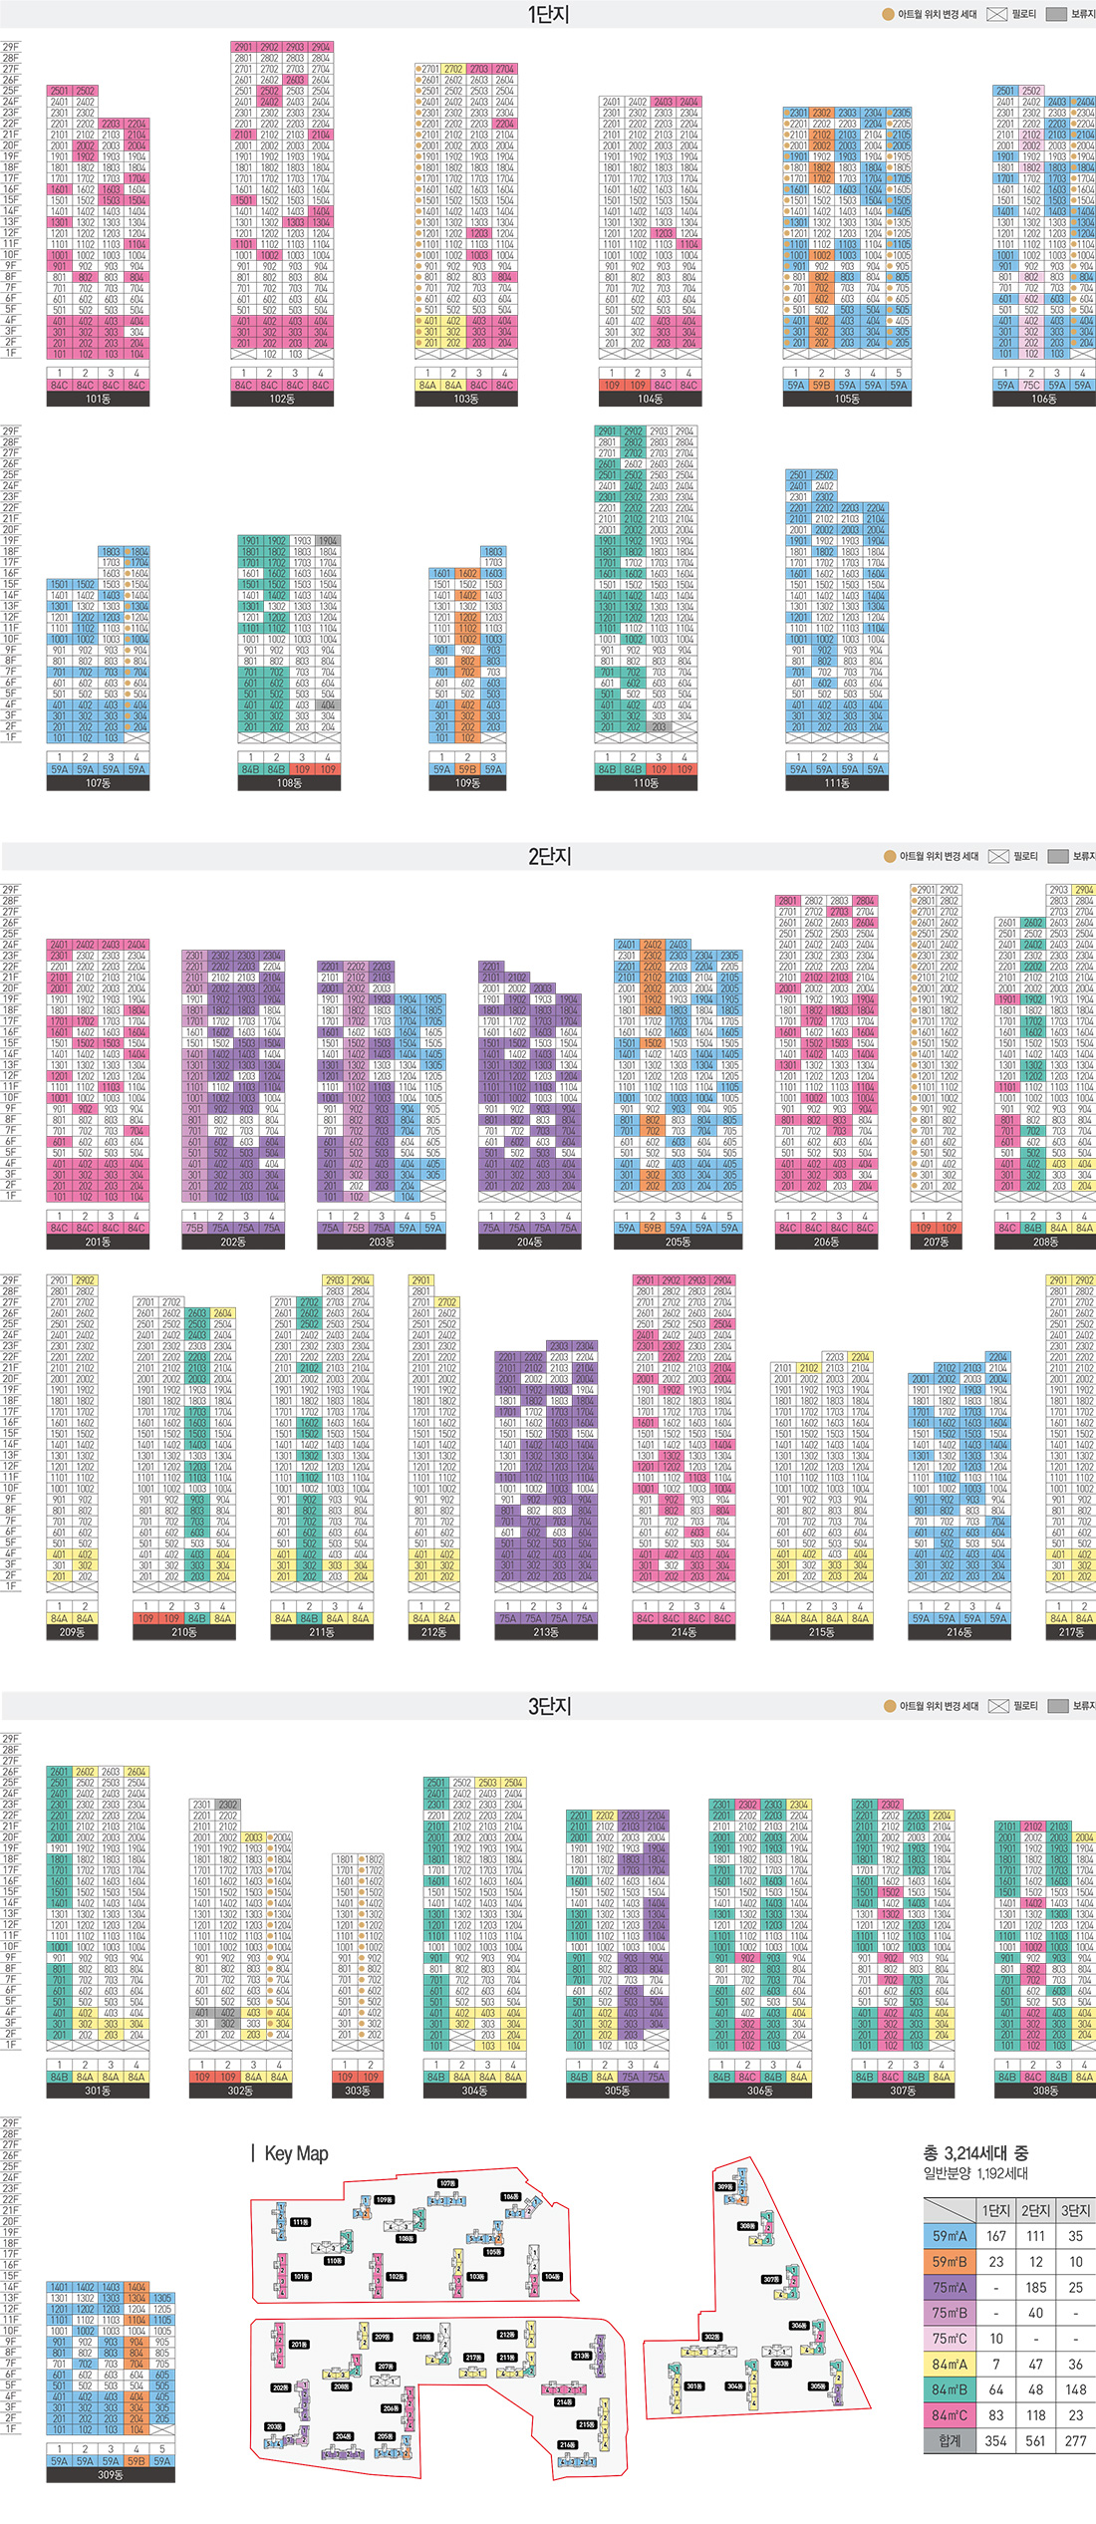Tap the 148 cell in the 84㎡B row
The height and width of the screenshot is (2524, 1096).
(x=1075, y=2389)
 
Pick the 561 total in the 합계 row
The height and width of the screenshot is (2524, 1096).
(x=1036, y=2440)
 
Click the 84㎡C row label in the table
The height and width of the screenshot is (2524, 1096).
(x=950, y=2415)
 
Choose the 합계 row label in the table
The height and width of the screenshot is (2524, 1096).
(x=950, y=2440)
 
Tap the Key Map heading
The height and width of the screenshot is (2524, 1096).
(x=296, y=2153)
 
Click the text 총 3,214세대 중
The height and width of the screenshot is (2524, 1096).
(x=975, y=2153)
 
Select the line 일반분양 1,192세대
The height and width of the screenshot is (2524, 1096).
(x=975, y=2173)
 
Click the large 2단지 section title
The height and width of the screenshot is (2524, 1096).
(x=549, y=856)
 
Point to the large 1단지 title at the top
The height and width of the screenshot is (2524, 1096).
(x=548, y=14)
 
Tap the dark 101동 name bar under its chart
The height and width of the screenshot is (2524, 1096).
(x=98, y=399)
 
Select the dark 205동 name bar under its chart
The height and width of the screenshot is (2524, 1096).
(x=678, y=1242)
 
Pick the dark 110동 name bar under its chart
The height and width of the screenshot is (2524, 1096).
(x=646, y=783)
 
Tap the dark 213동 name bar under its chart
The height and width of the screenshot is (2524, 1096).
(x=546, y=1632)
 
